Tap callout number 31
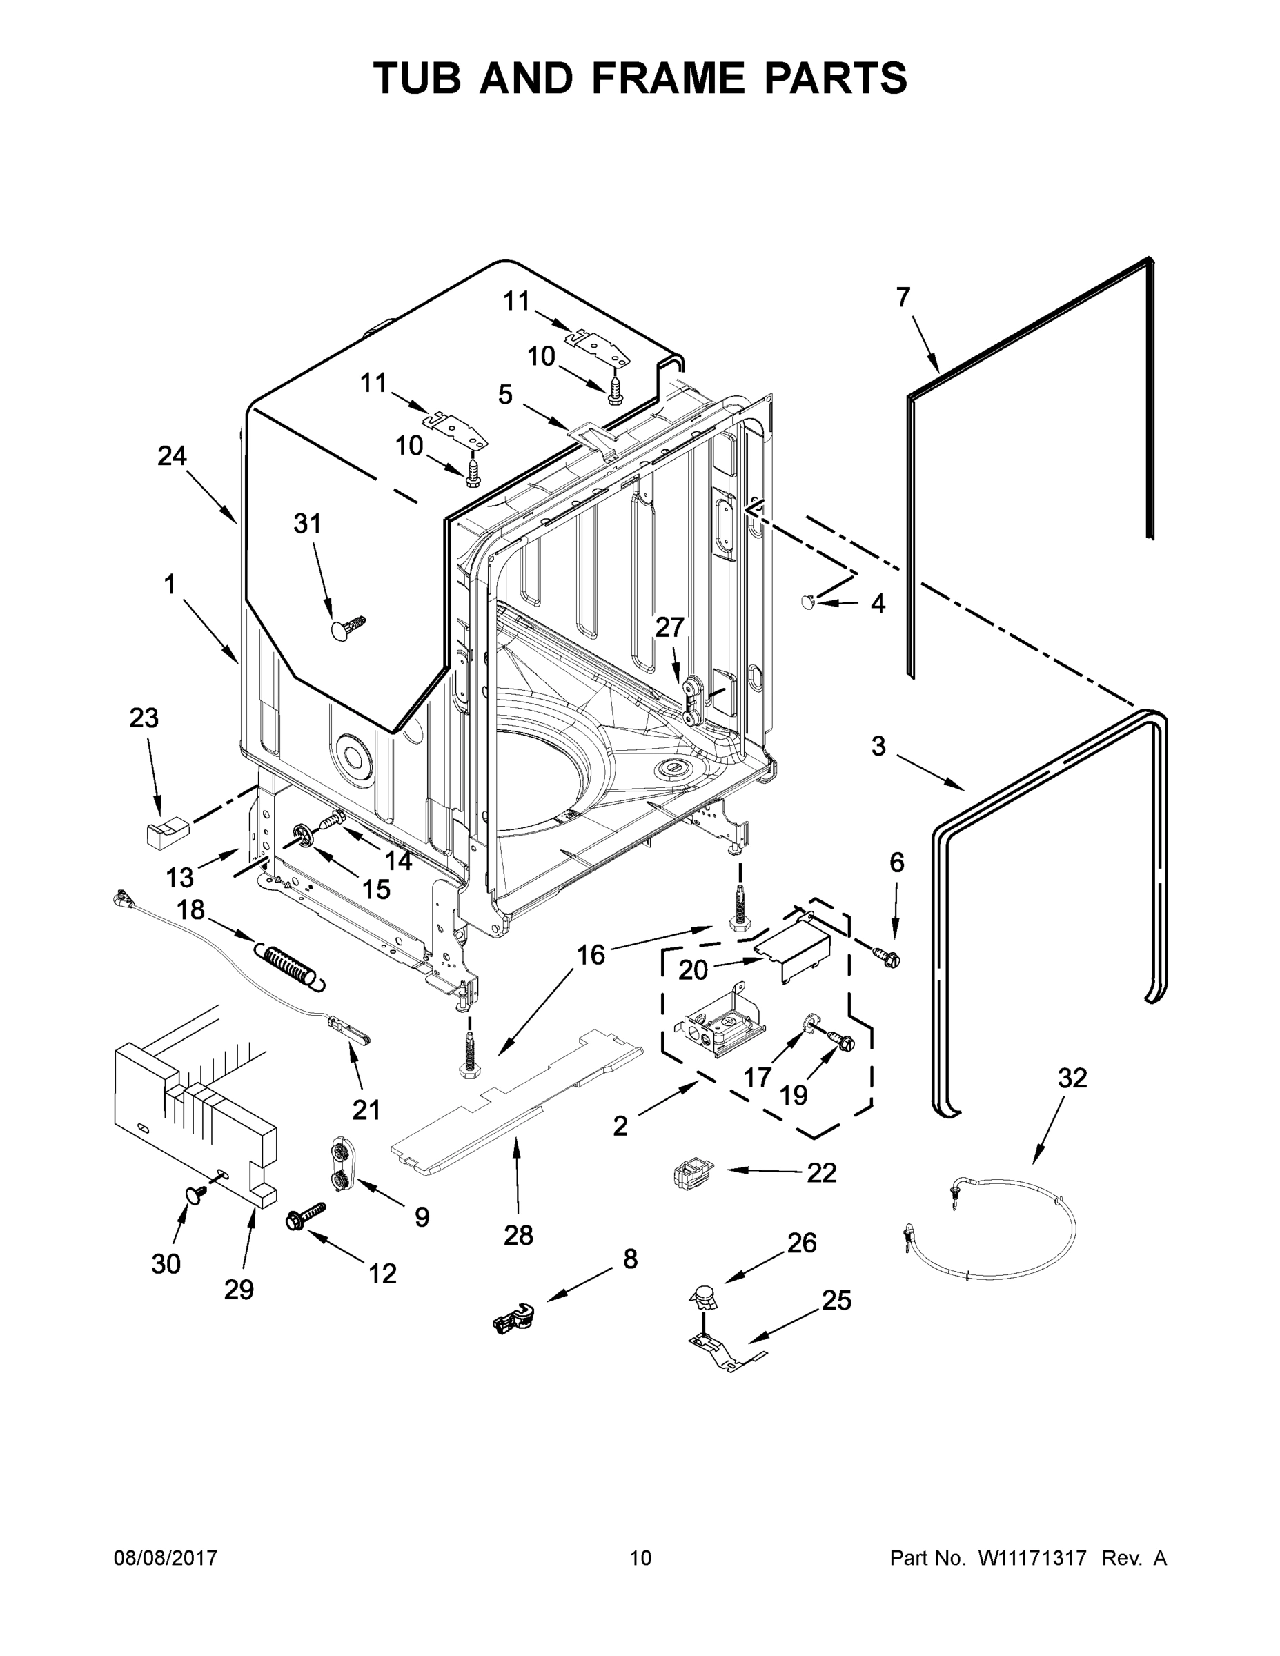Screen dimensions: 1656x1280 point(307,524)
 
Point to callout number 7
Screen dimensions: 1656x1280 point(903,298)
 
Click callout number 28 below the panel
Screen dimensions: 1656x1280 point(518,1235)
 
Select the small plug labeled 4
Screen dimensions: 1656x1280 point(808,602)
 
